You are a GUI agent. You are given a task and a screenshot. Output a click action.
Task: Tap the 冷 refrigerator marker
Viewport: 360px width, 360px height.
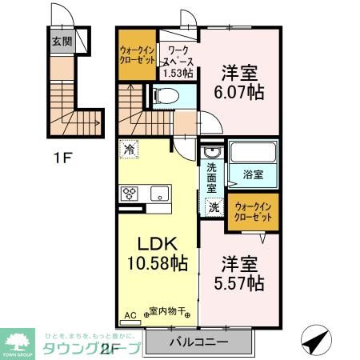pos(128,148)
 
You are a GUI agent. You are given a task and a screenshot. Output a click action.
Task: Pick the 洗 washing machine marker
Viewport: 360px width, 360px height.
pos(214,207)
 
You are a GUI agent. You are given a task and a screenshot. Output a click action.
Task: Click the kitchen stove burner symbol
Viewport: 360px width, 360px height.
pos(129,193)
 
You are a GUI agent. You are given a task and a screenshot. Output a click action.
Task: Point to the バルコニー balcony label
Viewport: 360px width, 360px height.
pos(198,342)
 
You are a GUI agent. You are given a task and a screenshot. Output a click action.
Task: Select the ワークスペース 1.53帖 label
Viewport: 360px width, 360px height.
pos(178,61)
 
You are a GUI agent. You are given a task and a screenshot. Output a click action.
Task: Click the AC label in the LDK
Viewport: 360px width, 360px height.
pos(131,315)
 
